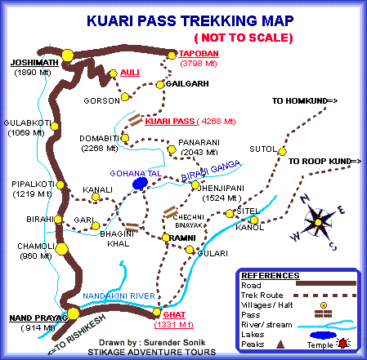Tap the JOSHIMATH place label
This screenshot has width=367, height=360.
pos(34,63)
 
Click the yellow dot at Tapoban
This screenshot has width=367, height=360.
pos(172,56)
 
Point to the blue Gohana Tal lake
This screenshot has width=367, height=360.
pos(139,184)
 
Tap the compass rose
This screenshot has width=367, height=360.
pos(319,220)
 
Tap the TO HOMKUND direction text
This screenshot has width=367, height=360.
pos(304,102)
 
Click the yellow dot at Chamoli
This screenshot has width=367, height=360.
pos(60,247)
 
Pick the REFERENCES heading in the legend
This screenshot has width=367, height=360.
pos(266,275)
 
